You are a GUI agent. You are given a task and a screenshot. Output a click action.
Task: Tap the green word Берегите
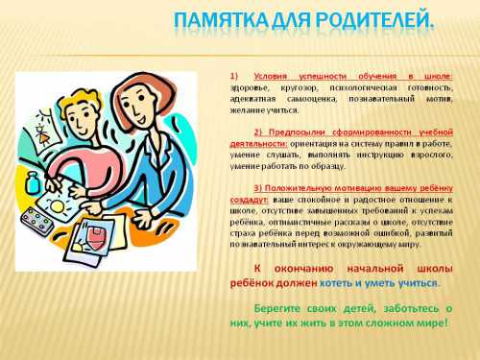(x=277, y=308)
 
